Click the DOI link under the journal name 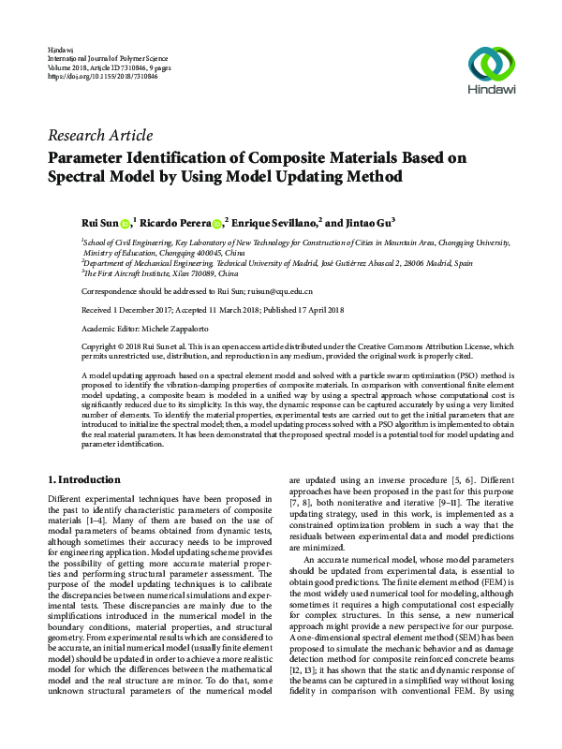[92, 76]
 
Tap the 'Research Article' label [99, 136]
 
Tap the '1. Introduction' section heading [83, 478]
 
